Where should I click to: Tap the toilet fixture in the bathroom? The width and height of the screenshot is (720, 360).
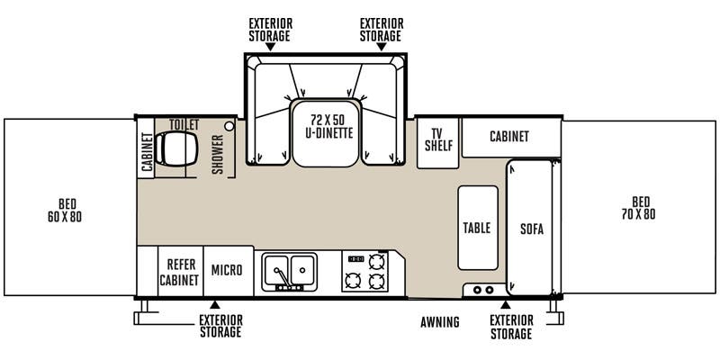[171, 148]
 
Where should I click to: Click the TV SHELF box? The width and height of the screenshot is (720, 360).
[438, 139]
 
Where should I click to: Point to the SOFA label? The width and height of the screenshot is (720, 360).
[532, 228]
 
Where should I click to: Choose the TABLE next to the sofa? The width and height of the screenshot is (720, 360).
[477, 228]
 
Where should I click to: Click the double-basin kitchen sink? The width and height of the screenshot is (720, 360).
[289, 270]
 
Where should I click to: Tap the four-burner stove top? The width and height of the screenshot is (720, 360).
[366, 271]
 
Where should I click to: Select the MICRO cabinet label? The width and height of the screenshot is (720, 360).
[227, 270]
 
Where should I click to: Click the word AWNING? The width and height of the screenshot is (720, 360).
[440, 322]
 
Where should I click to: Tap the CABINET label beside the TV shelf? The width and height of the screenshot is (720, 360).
[508, 137]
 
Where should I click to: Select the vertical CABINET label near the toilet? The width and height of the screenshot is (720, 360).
[147, 152]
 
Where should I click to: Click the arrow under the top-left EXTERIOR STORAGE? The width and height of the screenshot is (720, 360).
[270, 46]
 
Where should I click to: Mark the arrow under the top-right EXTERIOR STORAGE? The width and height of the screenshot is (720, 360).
[381, 46]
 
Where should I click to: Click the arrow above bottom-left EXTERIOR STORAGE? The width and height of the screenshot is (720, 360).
[214, 305]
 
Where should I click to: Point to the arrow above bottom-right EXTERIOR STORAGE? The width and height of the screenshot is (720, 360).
[506, 305]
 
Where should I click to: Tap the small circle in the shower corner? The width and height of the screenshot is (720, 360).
[230, 127]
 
